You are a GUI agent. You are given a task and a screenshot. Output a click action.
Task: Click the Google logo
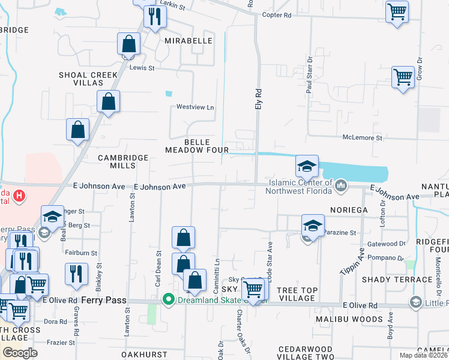[x=20, y=353]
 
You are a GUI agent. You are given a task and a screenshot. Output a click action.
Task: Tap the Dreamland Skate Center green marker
[x=170, y=299]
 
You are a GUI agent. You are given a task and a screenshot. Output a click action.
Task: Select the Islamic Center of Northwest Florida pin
[x=341, y=186]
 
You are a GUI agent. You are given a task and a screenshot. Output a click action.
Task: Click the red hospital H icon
[x=19, y=196]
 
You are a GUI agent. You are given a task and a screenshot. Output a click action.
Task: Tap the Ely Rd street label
[x=259, y=99]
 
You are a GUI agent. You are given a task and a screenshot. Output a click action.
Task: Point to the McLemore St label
[x=362, y=138]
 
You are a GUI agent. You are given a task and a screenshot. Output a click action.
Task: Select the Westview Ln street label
[x=195, y=107]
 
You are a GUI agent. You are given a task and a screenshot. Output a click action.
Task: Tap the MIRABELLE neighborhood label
[x=188, y=41]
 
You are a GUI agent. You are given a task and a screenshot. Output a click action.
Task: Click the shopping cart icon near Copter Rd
[x=397, y=12]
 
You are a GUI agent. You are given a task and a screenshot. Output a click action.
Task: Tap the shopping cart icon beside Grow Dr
[x=402, y=77]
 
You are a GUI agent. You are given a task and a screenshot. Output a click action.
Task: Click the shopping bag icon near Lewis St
[x=128, y=44]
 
